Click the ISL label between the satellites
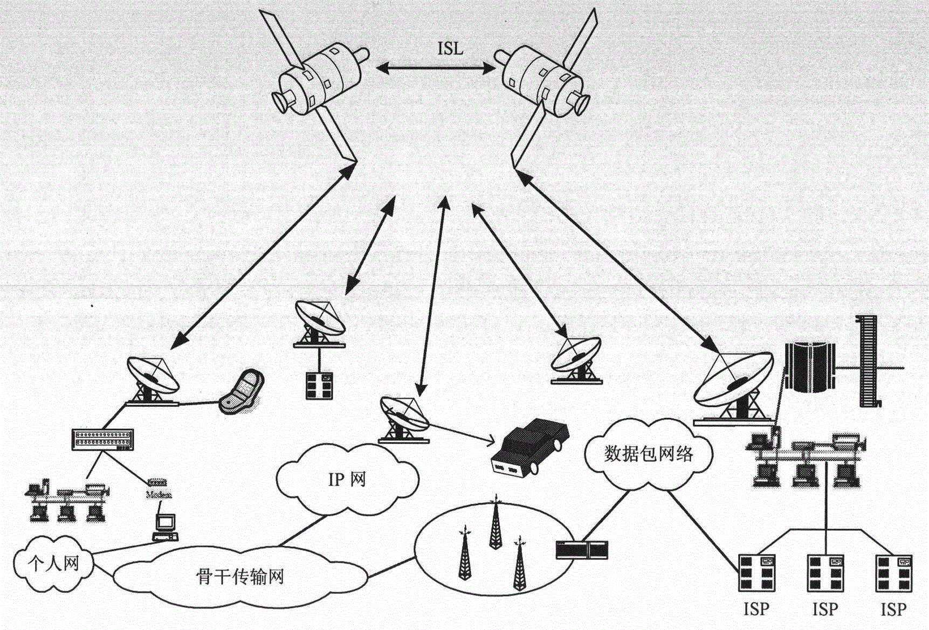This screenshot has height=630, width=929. [450, 49]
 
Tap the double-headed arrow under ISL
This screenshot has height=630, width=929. [436, 68]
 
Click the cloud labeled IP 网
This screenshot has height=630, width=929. [347, 479]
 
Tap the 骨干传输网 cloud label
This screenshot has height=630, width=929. [239, 577]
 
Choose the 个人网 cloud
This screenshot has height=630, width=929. [53, 564]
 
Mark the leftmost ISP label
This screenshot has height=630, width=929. [756, 610]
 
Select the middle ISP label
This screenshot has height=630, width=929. [824, 610]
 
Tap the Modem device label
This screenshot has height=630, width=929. [159, 494]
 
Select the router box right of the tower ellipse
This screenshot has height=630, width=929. [582, 549]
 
